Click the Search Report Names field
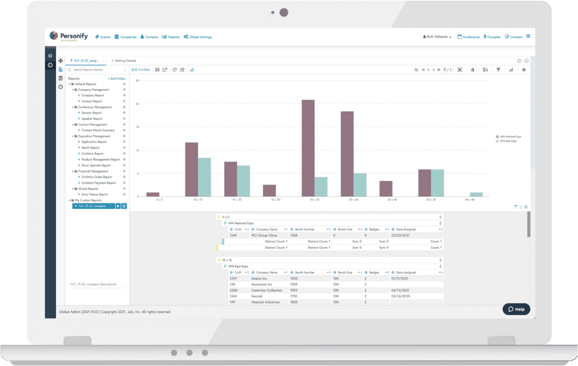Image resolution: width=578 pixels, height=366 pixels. (x=96, y=70)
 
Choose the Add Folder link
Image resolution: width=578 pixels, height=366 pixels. (x=117, y=79)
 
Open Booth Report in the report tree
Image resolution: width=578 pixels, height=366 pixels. (x=90, y=147)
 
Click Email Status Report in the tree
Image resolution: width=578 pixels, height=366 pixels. (x=95, y=194)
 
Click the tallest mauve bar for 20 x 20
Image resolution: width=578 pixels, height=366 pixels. (x=308, y=148)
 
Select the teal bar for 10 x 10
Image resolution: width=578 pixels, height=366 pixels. (x=205, y=177)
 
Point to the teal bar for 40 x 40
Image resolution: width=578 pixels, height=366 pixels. (x=476, y=194)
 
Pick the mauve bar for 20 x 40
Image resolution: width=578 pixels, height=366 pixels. (x=386, y=188)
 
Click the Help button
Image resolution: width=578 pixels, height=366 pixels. (x=517, y=309)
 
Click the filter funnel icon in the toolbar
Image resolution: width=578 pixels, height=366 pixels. (x=498, y=70)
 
